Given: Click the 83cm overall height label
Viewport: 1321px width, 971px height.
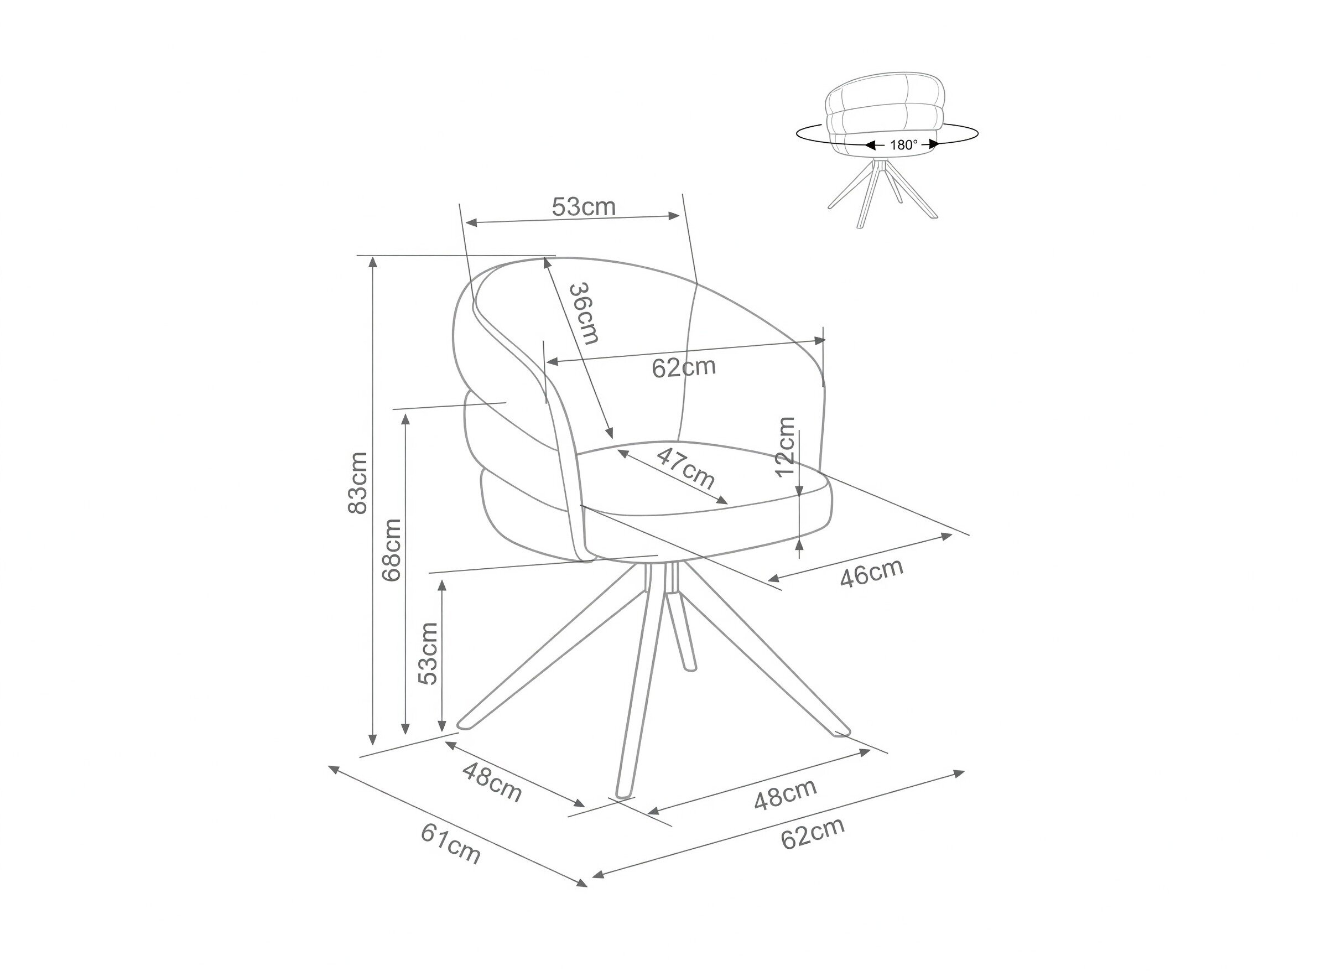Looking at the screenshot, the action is (x=357, y=482).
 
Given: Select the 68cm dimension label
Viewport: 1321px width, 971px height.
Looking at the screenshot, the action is (x=391, y=550).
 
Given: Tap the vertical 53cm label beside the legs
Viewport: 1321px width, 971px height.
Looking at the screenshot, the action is (x=428, y=653).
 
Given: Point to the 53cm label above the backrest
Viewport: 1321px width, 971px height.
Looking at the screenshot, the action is (x=584, y=207).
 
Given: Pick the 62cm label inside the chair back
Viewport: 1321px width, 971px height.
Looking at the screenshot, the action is (x=683, y=367).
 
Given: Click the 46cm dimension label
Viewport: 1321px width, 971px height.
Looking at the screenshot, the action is (x=871, y=573).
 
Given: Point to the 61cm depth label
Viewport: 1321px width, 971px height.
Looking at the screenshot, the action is (x=451, y=844).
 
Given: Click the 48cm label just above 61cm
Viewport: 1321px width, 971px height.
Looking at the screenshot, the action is (x=492, y=782).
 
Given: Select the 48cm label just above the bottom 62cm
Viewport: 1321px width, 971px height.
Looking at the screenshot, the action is (x=786, y=795).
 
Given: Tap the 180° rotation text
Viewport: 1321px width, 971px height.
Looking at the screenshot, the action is (x=904, y=144).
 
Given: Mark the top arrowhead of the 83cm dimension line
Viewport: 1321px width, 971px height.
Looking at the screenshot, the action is (x=372, y=263).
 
